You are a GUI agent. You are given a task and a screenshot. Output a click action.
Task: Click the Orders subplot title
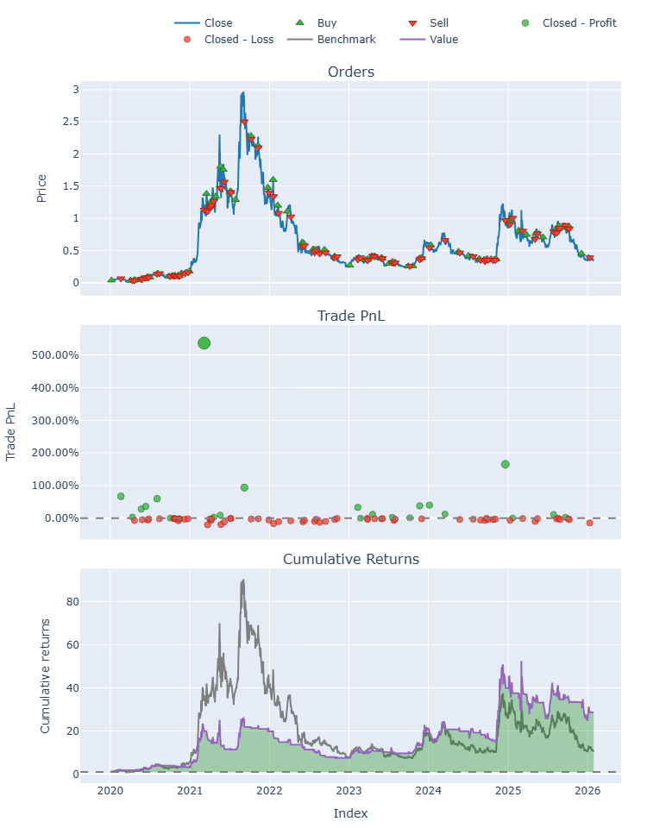click(351, 72)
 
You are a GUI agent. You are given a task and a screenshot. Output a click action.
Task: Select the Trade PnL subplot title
click(351, 316)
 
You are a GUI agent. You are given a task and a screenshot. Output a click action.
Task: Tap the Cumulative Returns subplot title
click(351, 559)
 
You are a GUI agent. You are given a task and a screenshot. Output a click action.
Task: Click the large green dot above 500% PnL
click(204, 343)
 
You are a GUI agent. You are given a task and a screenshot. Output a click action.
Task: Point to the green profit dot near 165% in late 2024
click(505, 464)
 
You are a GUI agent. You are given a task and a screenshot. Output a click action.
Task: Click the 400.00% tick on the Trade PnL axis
click(54, 387)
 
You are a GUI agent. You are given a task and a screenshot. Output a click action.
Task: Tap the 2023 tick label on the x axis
click(349, 790)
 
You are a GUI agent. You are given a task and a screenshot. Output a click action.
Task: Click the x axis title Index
click(351, 812)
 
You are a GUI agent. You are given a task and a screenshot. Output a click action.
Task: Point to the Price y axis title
click(41, 186)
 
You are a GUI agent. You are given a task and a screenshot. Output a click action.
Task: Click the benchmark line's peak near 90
click(243, 580)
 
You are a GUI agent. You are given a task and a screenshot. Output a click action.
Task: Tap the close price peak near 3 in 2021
click(243, 92)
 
